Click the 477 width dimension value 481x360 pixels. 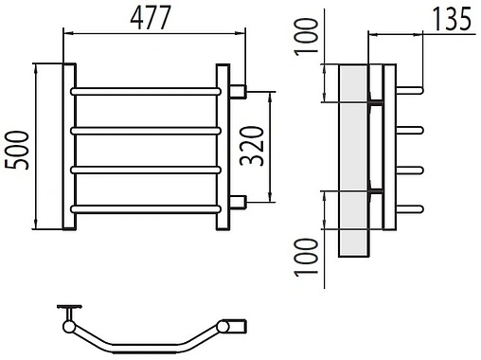tap(151, 18)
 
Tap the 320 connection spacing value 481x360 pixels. tap(251, 146)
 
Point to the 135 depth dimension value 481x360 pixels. tap(452, 20)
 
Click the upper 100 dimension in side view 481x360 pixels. tap(306, 37)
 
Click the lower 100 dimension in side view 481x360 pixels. tap(306, 258)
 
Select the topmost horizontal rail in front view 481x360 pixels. tap(146, 92)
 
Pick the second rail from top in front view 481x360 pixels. tap(146, 131)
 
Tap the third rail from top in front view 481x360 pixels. tap(146, 170)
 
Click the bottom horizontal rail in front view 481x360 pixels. tap(146, 209)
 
